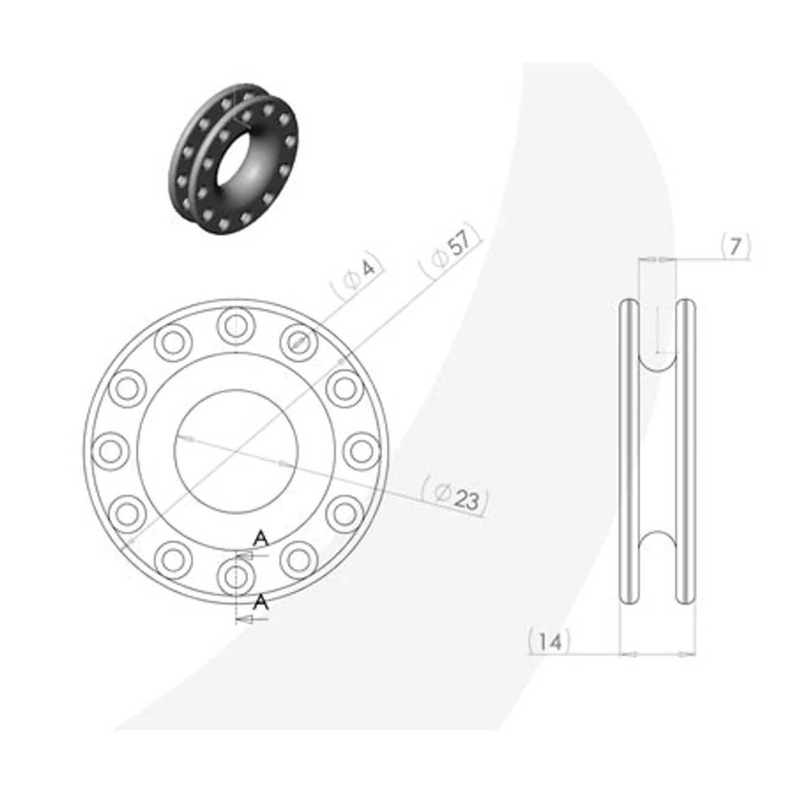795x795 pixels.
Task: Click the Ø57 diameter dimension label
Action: pos(450,252)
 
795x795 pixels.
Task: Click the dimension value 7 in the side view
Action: pos(735,247)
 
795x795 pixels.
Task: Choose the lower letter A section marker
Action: pos(260,602)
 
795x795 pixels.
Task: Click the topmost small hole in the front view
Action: pos(235,326)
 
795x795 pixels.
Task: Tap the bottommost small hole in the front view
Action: pos(235,577)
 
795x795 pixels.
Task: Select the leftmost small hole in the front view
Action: pos(109,451)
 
